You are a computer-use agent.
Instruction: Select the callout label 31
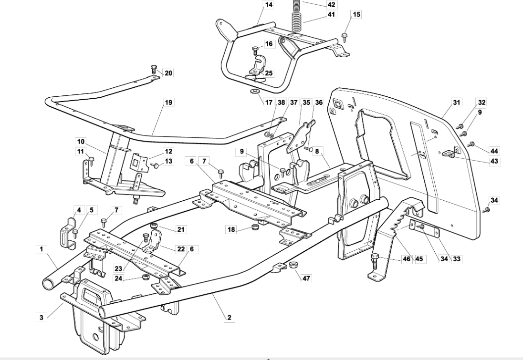(457, 102)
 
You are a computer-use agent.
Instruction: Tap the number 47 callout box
(306, 278)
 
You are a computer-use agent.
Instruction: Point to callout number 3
(42, 316)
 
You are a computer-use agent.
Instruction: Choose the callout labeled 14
(269, 5)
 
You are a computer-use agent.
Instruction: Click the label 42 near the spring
(331, 4)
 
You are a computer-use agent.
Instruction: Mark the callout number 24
(119, 278)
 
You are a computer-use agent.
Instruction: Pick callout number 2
(230, 317)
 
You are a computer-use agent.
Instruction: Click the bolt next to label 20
(154, 69)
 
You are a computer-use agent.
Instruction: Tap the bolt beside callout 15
(344, 35)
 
